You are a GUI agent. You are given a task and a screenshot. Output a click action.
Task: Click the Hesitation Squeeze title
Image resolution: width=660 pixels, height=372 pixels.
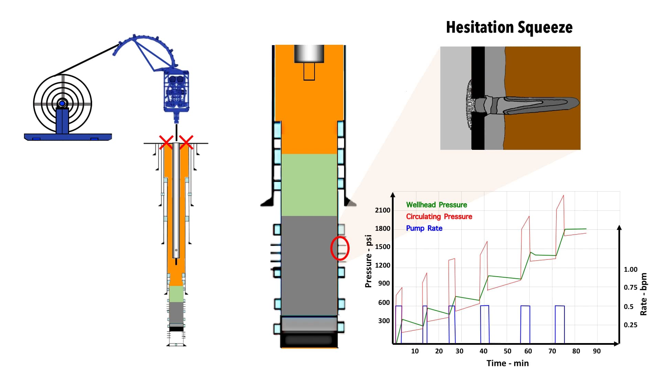click(509, 27)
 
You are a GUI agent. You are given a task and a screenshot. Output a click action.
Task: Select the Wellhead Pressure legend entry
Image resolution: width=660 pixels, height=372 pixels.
click(436, 205)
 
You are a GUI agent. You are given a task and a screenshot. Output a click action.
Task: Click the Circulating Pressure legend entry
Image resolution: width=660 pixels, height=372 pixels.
click(439, 217)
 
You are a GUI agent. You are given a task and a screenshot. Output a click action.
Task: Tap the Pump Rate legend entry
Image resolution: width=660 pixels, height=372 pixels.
click(424, 228)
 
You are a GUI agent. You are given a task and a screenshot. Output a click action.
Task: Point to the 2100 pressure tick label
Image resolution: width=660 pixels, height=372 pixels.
click(383, 210)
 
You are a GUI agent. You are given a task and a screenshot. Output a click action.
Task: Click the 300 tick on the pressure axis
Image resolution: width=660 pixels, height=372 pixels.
click(384, 321)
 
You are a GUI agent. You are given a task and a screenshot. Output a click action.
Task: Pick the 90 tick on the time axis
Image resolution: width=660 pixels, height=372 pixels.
click(597, 351)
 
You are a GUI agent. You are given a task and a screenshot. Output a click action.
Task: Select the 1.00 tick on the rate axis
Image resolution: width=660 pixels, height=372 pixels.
click(630, 269)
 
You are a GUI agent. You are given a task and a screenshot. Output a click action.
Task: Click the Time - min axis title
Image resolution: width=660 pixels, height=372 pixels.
click(507, 363)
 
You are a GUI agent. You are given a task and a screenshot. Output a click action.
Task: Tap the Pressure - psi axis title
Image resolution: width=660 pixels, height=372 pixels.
click(368, 261)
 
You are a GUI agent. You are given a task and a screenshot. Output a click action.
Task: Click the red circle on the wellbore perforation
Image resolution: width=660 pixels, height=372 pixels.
click(340, 248)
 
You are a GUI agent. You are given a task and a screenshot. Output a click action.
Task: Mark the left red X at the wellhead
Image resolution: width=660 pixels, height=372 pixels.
click(166, 142)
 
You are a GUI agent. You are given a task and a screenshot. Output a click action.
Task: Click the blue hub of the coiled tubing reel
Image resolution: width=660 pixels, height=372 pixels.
click(62, 103)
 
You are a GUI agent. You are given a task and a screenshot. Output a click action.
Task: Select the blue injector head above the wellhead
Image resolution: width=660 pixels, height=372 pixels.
click(176, 91)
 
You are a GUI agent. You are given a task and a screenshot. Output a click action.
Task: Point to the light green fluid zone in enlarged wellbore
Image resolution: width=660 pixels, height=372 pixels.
click(309, 185)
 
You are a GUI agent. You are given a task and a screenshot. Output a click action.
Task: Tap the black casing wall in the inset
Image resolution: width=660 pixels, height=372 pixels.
click(478, 69)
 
